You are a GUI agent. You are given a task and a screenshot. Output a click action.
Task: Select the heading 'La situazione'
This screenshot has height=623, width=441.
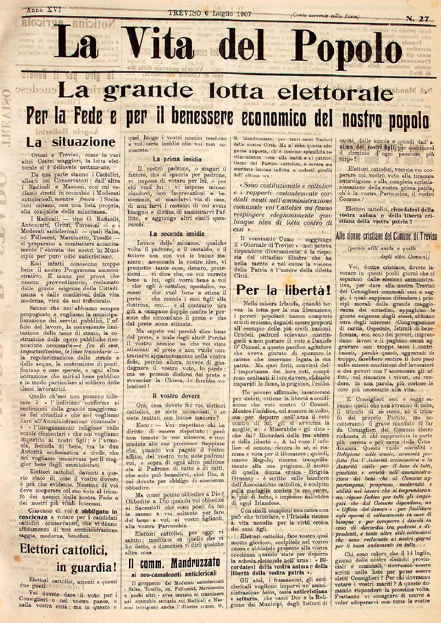coord(70,142)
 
